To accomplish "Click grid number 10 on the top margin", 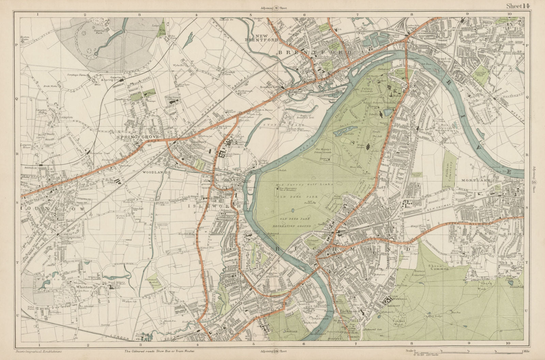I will click(x=509, y=14).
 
